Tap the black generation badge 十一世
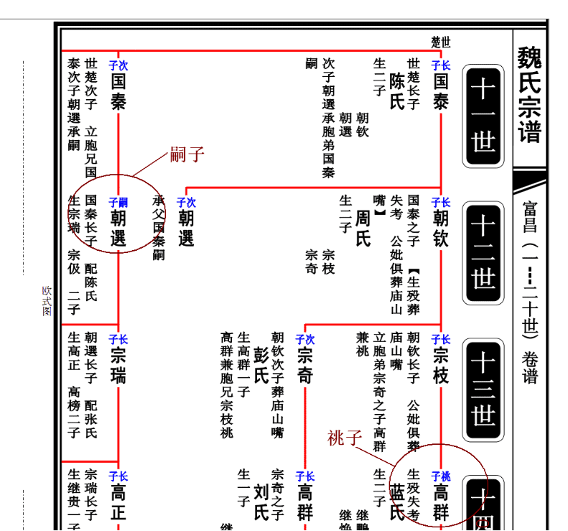click(x=483, y=116)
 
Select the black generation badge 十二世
click(x=483, y=252)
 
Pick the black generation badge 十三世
click(x=483, y=389)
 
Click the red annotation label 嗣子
click(x=187, y=154)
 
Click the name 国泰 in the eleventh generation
click(x=440, y=91)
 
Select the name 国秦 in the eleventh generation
click(x=118, y=91)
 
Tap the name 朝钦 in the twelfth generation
click(x=440, y=228)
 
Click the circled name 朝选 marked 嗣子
click(x=118, y=228)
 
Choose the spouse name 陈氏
click(x=397, y=91)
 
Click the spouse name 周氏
click(x=363, y=228)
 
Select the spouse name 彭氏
click(x=261, y=364)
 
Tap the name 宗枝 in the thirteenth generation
click(x=440, y=364)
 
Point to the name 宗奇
click(x=304, y=364)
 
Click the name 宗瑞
click(x=118, y=364)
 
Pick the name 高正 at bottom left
click(x=118, y=502)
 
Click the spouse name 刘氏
click(x=261, y=502)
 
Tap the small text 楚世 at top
click(x=440, y=41)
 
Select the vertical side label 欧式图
click(x=47, y=301)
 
